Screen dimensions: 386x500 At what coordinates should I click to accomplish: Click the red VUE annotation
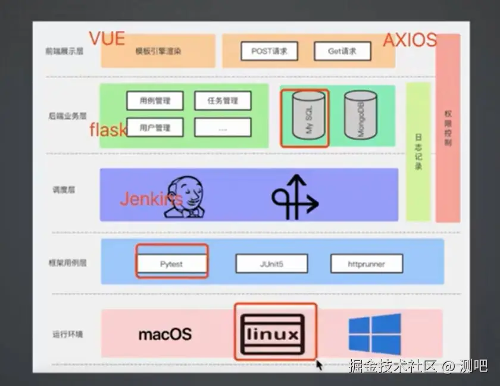(x=107, y=38)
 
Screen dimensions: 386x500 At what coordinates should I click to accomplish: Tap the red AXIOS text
(x=410, y=40)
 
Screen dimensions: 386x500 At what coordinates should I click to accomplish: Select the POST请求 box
(x=269, y=51)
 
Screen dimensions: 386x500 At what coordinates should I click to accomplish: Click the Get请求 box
(x=342, y=51)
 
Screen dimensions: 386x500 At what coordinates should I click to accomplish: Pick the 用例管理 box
(x=155, y=101)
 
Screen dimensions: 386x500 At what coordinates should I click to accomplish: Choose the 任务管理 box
(x=223, y=101)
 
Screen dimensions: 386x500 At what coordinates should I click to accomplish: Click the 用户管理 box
(x=155, y=127)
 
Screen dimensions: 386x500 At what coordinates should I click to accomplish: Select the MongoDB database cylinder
(x=361, y=116)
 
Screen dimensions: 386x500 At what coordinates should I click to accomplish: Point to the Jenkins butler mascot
(x=186, y=197)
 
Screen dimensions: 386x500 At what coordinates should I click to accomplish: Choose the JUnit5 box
(x=271, y=263)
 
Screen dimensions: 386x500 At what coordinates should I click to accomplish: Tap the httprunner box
(x=366, y=263)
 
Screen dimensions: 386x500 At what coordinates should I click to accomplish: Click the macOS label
(x=165, y=334)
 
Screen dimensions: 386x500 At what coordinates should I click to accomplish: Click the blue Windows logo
(x=374, y=334)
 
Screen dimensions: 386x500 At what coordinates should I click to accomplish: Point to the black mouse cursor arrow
(x=320, y=365)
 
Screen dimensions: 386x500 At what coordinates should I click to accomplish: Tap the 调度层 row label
(x=64, y=190)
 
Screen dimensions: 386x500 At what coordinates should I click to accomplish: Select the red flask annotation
(x=108, y=129)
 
